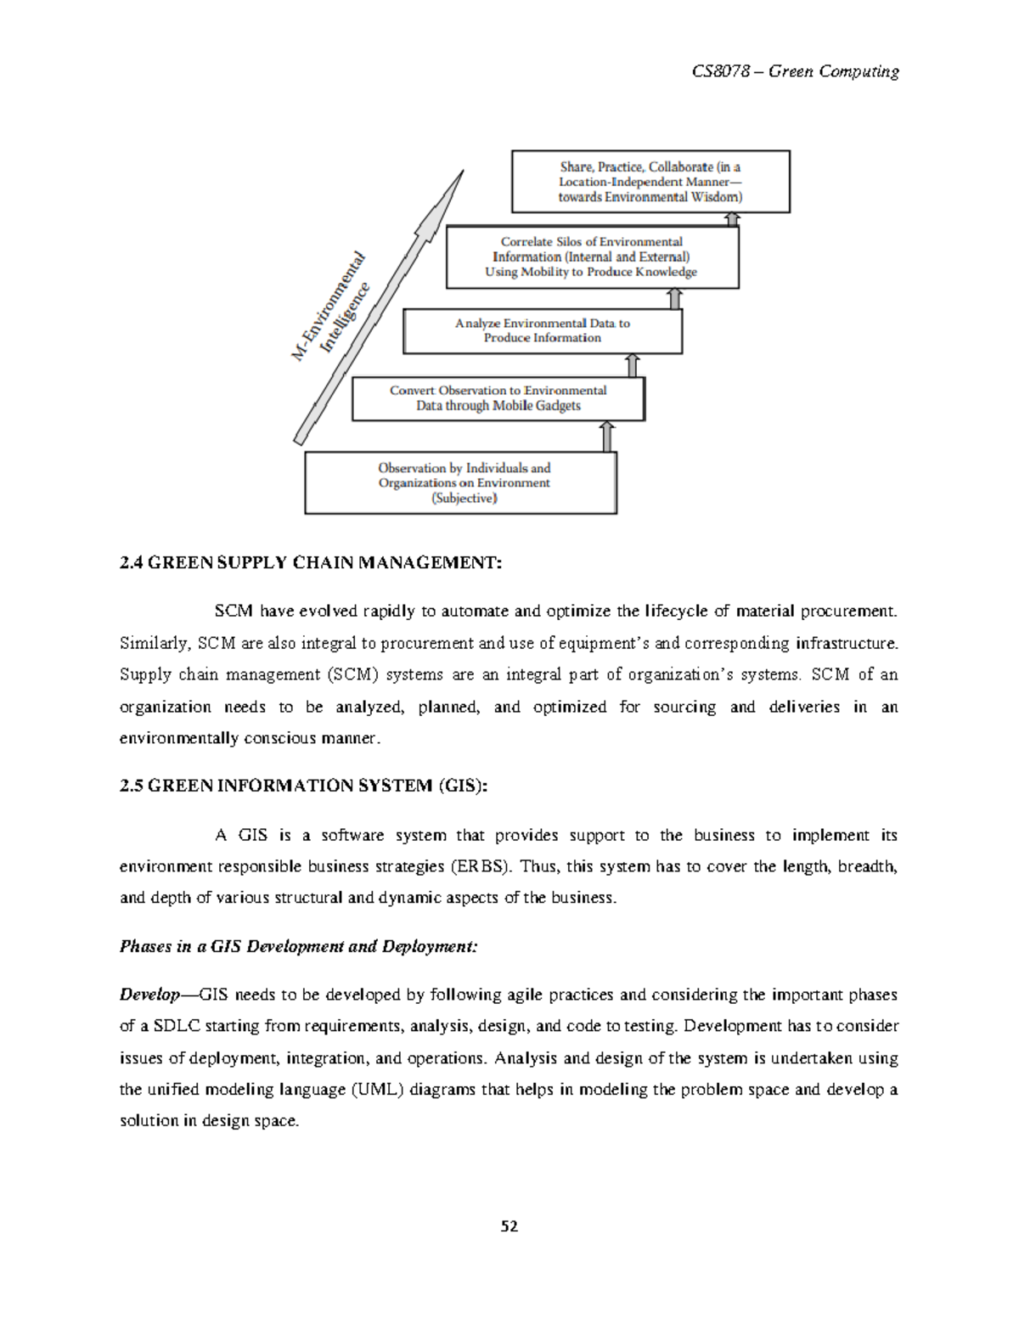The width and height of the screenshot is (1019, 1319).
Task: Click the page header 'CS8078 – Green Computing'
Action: tap(795, 71)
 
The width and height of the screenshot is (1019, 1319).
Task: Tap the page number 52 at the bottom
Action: tap(509, 1226)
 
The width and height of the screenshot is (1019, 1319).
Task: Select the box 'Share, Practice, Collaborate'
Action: tap(650, 182)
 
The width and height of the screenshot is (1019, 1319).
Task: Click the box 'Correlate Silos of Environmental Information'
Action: tap(592, 256)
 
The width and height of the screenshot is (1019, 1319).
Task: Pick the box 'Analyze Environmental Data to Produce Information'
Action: tap(543, 330)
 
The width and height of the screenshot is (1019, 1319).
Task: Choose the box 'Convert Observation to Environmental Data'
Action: tap(498, 397)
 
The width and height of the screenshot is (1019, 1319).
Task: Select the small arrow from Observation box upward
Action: tap(606, 437)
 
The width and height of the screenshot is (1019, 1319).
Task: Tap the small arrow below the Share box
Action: tap(733, 219)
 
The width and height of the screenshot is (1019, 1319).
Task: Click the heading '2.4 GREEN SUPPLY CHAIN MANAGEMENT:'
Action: tap(312, 562)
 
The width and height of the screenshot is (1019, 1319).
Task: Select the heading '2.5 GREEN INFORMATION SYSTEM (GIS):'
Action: tap(304, 786)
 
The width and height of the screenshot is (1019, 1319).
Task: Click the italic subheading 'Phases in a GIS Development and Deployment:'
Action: tap(299, 946)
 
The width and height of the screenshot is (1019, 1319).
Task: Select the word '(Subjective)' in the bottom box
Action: tap(464, 499)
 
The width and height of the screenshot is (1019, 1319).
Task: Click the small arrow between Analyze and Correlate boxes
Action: tap(674, 298)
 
